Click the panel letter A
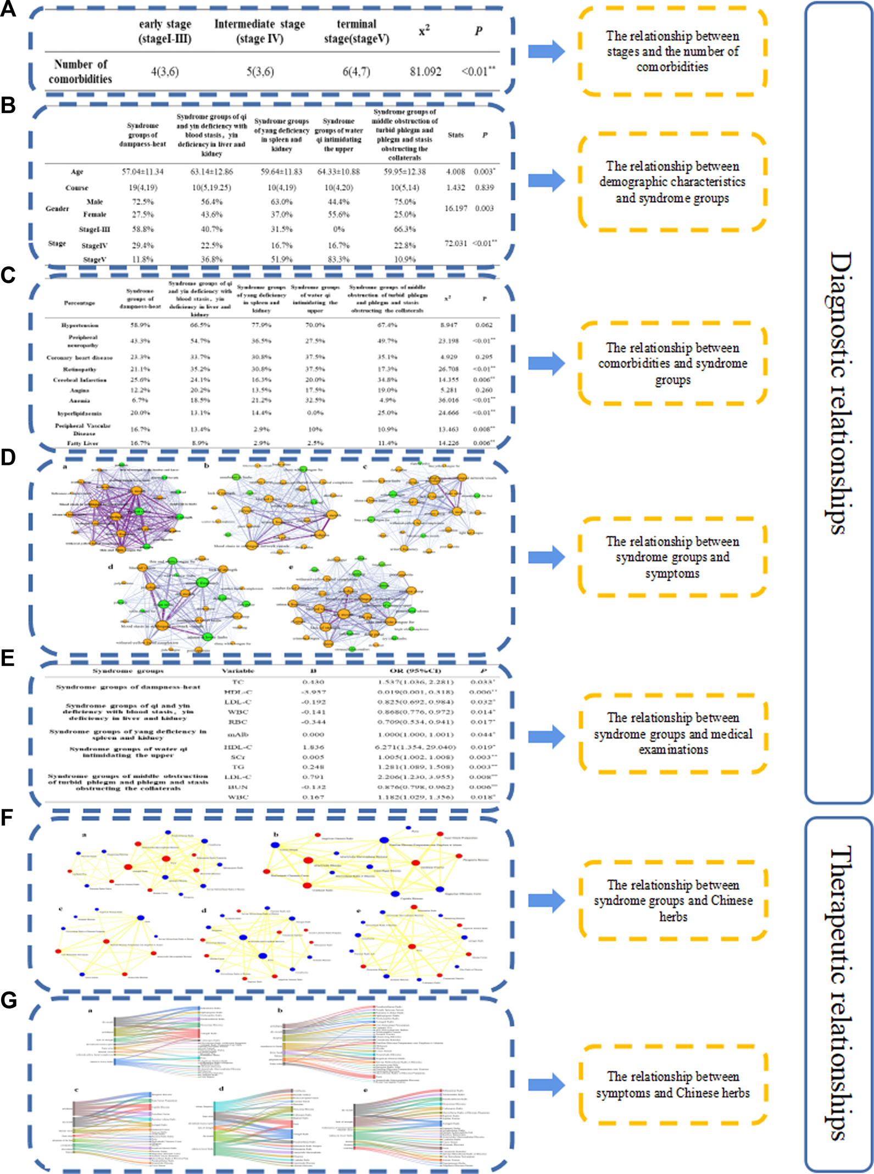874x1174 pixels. click(x=8, y=9)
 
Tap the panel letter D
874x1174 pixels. click(x=8, y=457)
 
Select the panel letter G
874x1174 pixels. click(x=8, y=1000)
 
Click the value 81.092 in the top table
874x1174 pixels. click(x=425, y=71)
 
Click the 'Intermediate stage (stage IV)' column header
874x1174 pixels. click(x=259, y=31)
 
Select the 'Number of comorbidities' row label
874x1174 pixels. click(x=80, y=71)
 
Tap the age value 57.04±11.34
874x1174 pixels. click(x=143, y=172)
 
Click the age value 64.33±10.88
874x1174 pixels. click(x=338, y=172)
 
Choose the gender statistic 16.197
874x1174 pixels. click(x=456, y=208)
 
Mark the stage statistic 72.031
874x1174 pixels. click(x=455, y=243)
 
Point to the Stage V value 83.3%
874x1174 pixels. click(x=338, y=259)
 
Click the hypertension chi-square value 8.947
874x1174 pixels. click(x=448, y=325)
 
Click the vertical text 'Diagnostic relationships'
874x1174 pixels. click(x=839, y=393)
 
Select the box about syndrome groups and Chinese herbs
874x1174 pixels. click(x=673, y=900)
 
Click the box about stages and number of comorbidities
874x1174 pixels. click(x=672, y=51)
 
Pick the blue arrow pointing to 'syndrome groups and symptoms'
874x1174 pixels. click(x=546, y=557)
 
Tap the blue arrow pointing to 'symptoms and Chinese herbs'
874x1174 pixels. click(x=546, y=1084)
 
